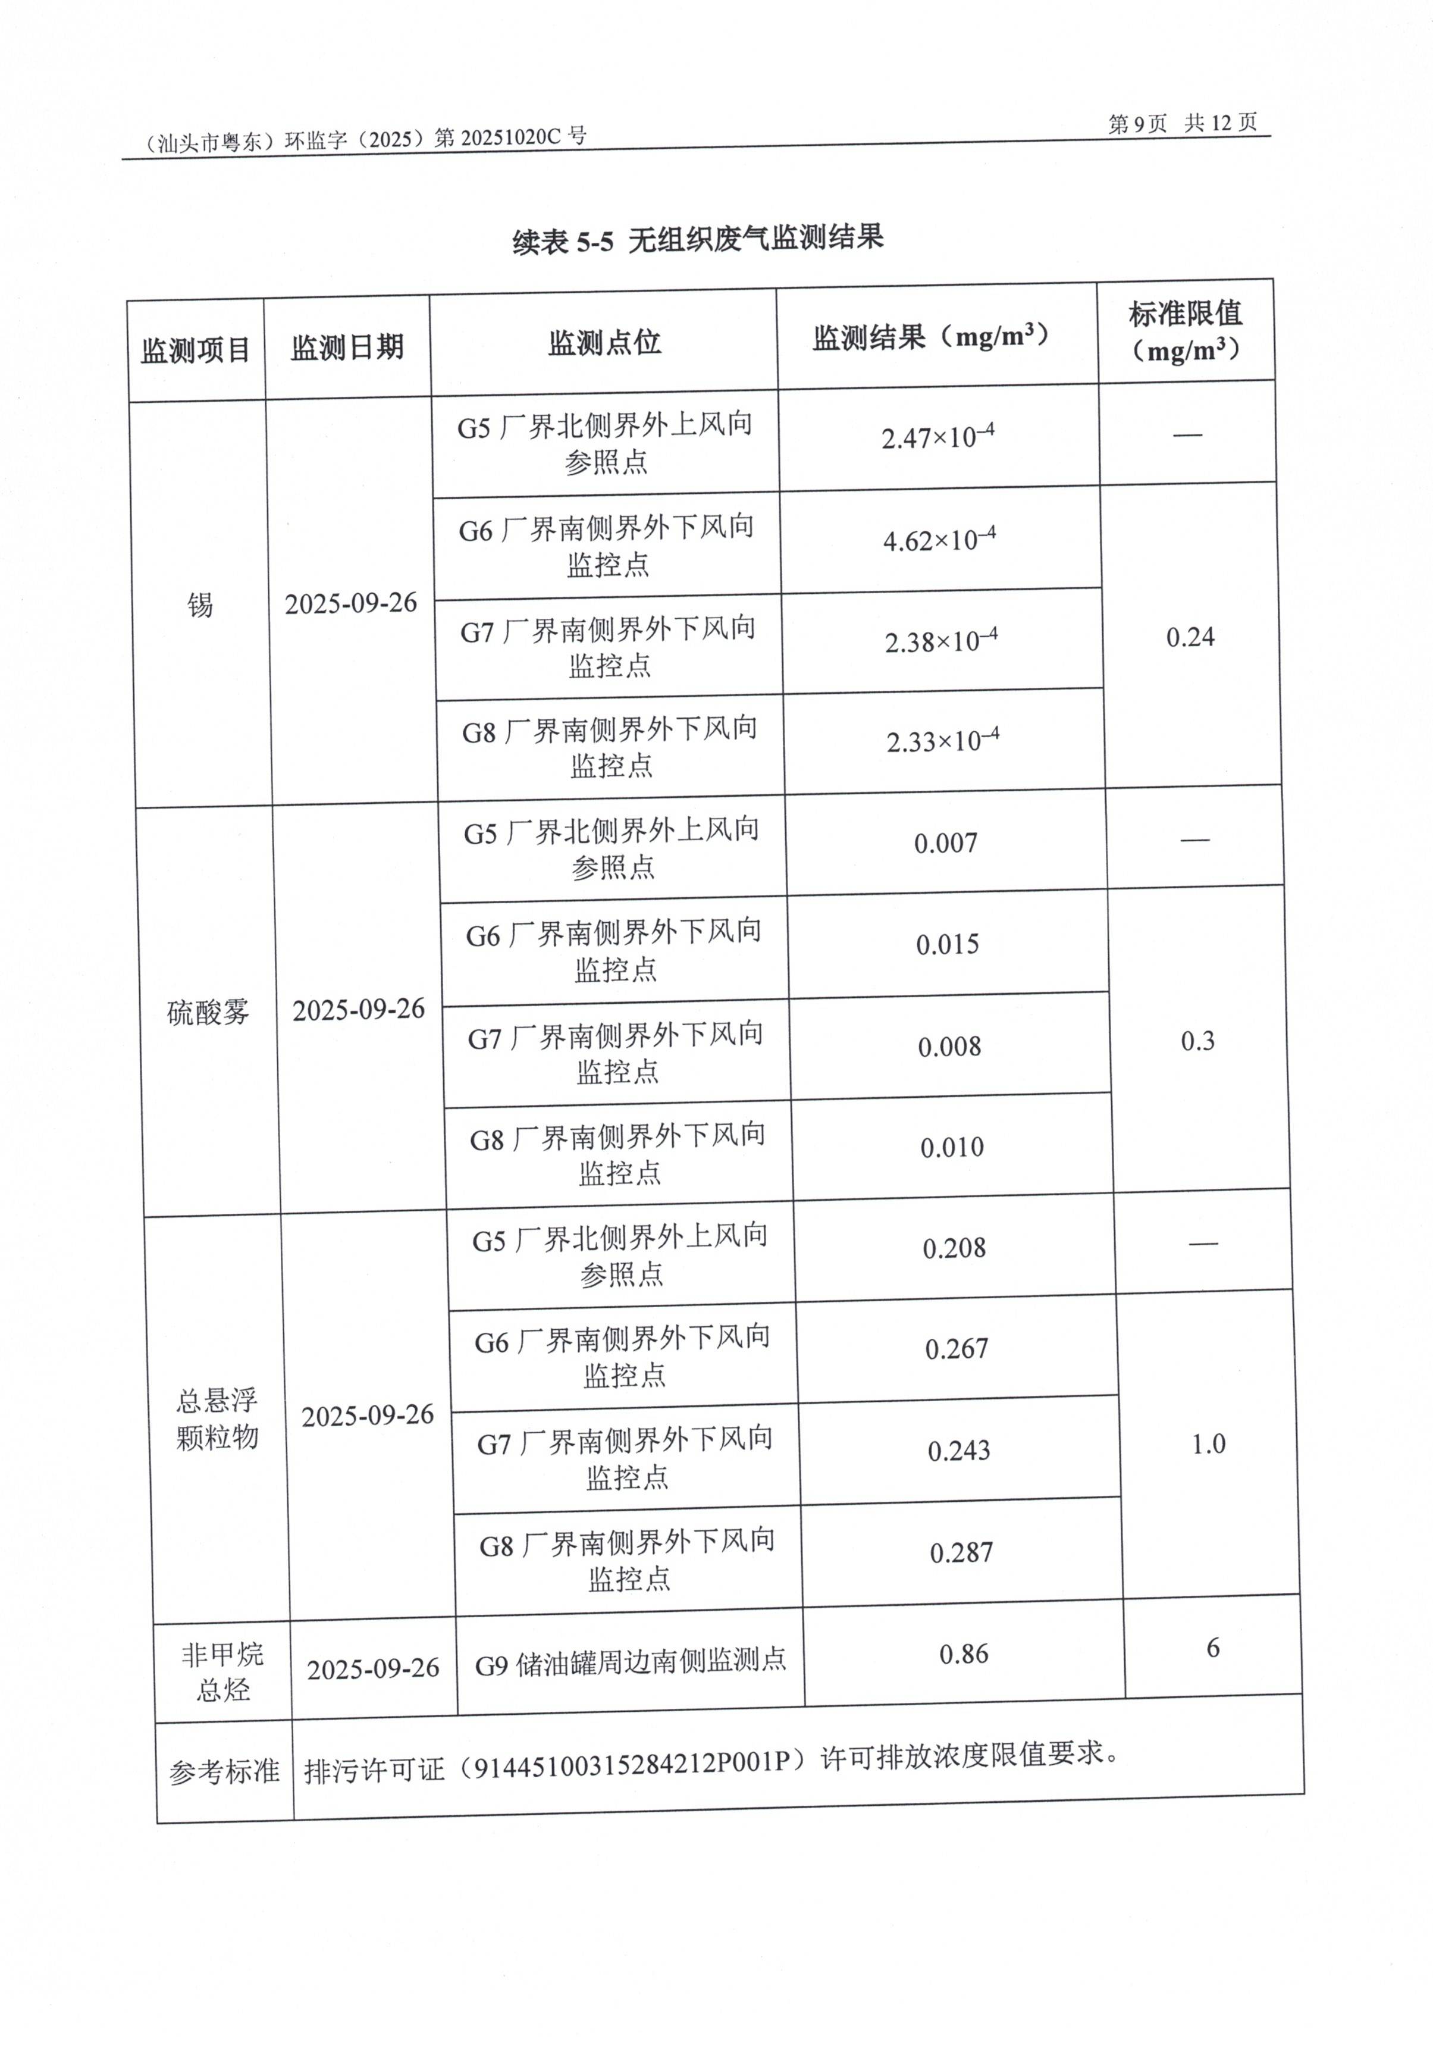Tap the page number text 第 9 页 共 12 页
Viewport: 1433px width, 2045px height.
[x=1182, y=123]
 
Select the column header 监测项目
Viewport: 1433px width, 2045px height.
[x=195, y=350]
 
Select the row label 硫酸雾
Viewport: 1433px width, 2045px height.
[x=208, y=1012]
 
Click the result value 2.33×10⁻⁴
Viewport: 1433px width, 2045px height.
[x=942, y=740]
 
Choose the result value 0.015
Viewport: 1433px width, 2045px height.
[x=947, y=944]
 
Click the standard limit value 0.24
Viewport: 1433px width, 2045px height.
[x=1190, y=637]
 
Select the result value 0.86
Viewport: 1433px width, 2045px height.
[x=964, y=1655]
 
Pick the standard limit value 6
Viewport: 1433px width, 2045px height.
[x=1212, y=1649]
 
